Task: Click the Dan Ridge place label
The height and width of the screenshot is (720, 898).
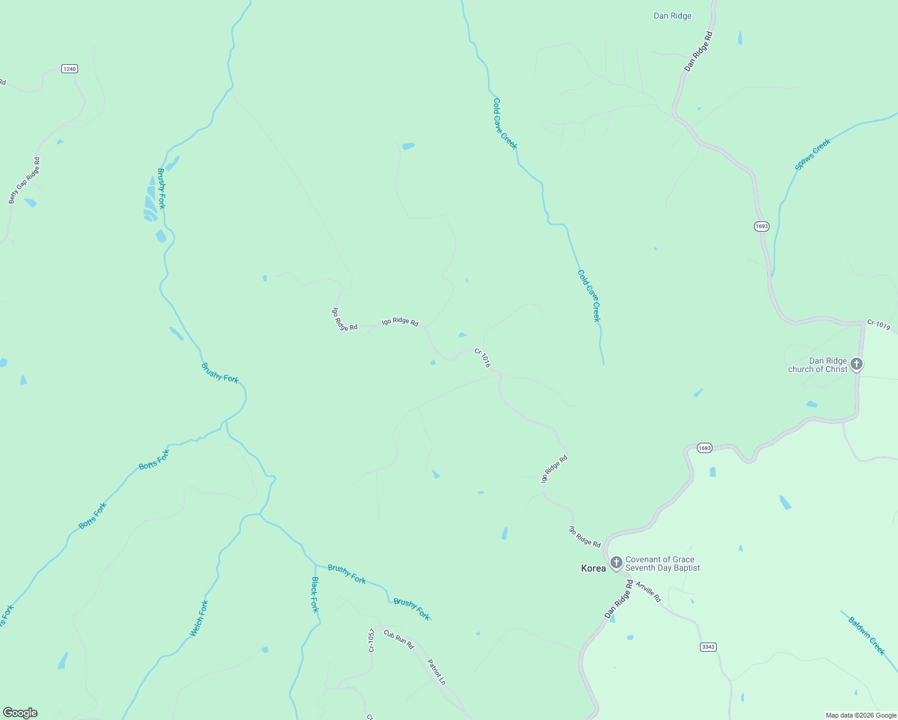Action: tap(672, 16)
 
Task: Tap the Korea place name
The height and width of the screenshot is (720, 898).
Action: tap(593, 568)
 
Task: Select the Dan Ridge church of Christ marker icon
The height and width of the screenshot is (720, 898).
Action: tap(857, 364)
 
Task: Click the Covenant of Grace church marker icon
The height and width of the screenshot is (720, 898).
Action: tap(616, 563)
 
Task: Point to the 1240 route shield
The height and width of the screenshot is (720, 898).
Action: tap(70, 69)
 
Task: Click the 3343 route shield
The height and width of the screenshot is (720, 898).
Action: tap(708, 647)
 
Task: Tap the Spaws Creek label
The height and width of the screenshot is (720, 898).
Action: tap(813, 154)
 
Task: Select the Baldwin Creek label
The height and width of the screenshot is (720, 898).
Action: tap(866, 636)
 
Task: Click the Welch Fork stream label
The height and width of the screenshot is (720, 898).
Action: tap(199, 618)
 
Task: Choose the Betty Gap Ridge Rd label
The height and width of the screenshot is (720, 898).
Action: tap(25, 181)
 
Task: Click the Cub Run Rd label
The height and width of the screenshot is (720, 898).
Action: tap(399, 640)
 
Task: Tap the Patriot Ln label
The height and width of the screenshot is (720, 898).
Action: tap(436, 672)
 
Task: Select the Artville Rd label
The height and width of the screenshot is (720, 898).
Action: tap(648, 592)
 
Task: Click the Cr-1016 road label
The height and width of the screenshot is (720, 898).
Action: tap(483, 358)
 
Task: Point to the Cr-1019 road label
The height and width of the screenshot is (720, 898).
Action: tap(878, 325)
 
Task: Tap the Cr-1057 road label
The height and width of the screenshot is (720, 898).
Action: tap(372, 641)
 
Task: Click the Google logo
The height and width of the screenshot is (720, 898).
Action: tap(20, 713)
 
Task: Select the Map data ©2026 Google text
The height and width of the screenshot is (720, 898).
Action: tap(861, 715)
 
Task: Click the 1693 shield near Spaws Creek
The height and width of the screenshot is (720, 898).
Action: tap(761, 226)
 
